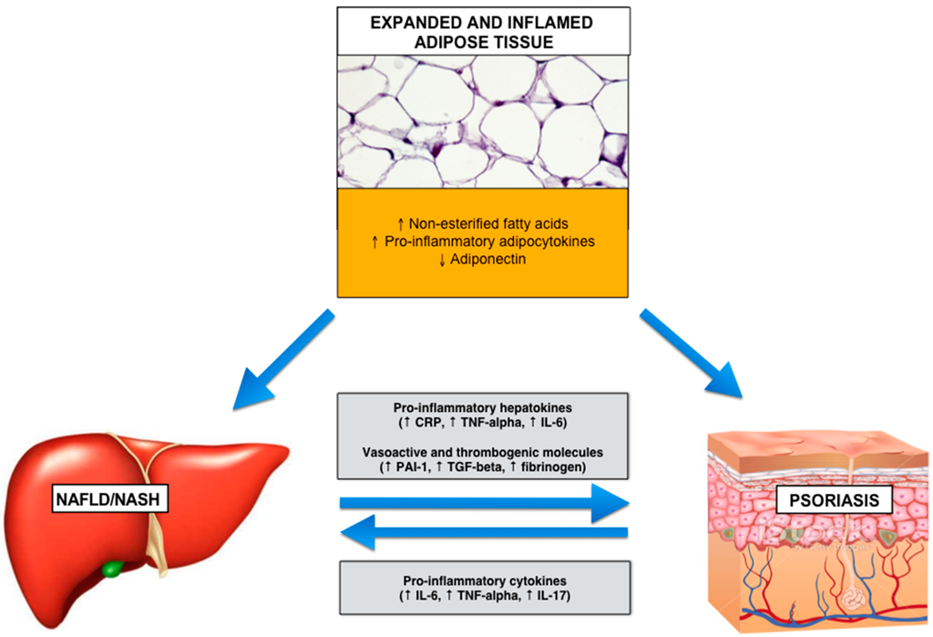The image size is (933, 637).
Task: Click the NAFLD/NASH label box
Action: point(89,498)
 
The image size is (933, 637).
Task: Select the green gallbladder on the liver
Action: point(112,570)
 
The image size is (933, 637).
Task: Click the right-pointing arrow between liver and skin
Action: point(484,502)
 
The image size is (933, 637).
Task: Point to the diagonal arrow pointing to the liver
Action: point(283,358)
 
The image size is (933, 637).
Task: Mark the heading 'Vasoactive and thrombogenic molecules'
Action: point(483,452)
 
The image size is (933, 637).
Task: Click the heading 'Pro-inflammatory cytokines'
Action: point(483,580)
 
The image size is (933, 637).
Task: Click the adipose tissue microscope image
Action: point(483,120)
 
